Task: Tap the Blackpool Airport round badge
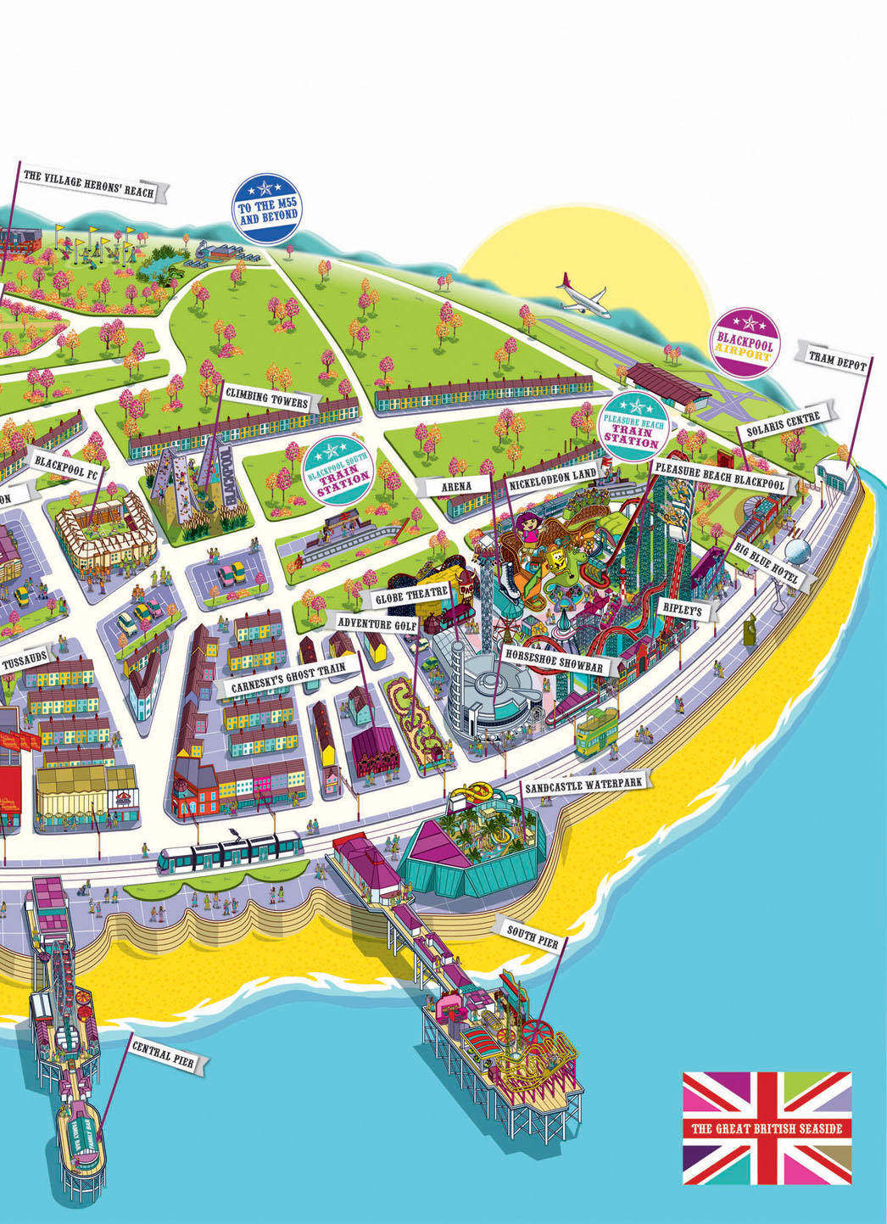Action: (745, 342)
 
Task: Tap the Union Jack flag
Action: (767, 1127)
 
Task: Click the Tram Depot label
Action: (837, 360)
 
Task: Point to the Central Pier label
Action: (162, 1054)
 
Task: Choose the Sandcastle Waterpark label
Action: (583, 785)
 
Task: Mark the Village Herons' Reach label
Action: (88, 183)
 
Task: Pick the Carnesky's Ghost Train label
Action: (288, 679)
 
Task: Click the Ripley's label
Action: (681, 609)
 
